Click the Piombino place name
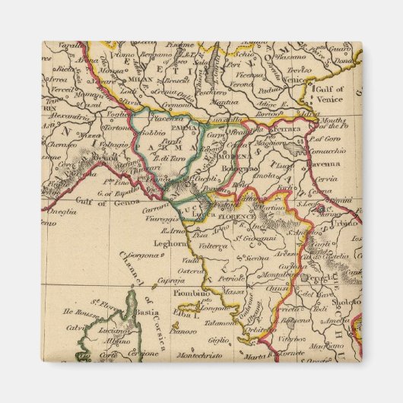(x=189, y=293)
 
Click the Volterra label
(x=214, y=246)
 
